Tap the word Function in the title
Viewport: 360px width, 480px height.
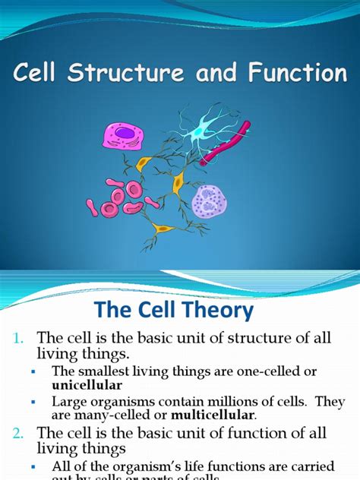coord(300,74)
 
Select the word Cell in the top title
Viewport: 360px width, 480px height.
coord(40,74)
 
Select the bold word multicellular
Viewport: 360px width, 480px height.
coord(213,415)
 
